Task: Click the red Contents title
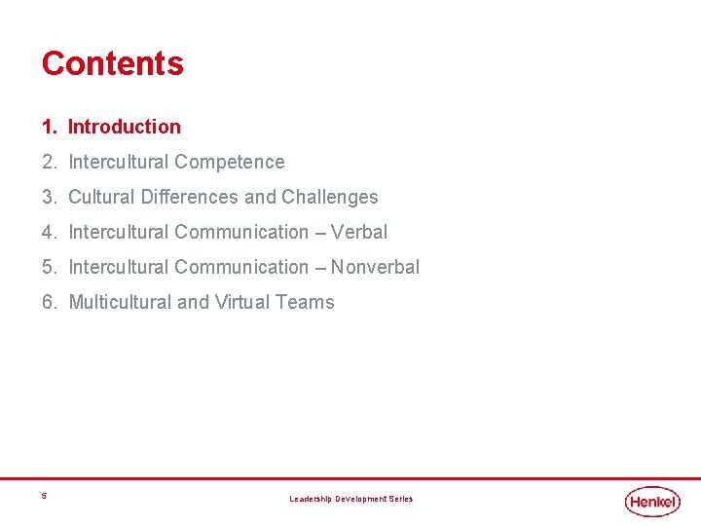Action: click(x=112, y=63)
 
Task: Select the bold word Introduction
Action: click(x=125, y=127)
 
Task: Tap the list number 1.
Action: click(x=48, y=127)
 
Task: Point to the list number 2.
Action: click(x=48, y=162)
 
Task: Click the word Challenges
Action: click(x=330, y=197)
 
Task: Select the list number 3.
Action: click(x=48, y=197)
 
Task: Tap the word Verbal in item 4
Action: click(x=359, y=232)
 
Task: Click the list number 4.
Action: click(x=48, y=232)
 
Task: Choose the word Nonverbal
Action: click(x=376, y=267)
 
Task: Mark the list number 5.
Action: click(x=48, y=267)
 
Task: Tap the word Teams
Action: click(x=305, y=302)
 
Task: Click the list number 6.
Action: click(x=48, y=302)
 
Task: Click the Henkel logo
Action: click(x=653, y=501)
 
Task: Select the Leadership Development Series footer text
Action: click(x=350, y=499)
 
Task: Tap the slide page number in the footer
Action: click(x=44, y=497)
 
